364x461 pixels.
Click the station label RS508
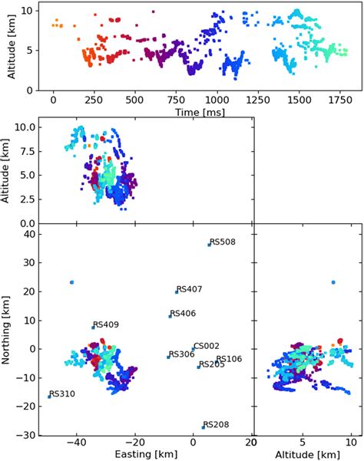[x=223, y=242]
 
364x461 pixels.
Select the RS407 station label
[x=190, y=289]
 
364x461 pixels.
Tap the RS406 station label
[x=183, y=313]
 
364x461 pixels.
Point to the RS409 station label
[x=106, y=324]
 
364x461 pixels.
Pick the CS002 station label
[x=206, y=346]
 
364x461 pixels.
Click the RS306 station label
[x=181, y=354]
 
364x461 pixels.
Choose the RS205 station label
[x=211, y=364]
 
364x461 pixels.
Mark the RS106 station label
[x=229, y=359]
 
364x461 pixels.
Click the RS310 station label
[x=62, y=393]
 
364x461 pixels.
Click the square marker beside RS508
[x=209, y=245]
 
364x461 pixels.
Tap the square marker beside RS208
[x=204, y=427]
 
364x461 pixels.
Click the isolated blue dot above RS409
[x=71, y=282]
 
